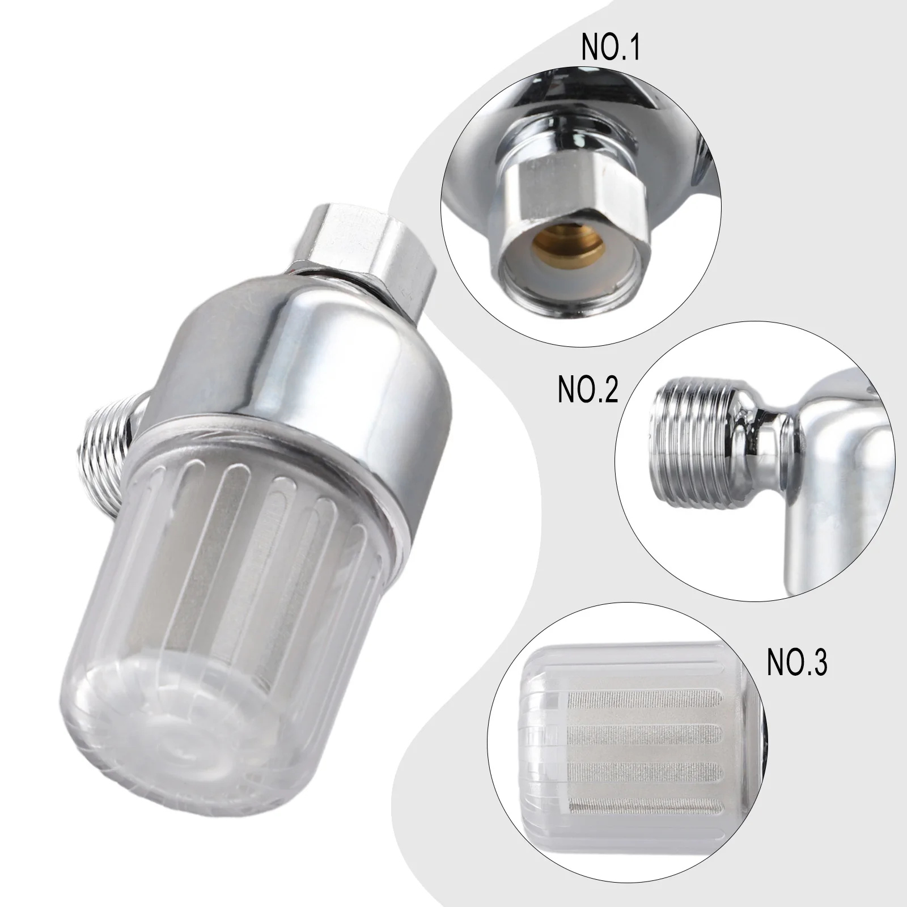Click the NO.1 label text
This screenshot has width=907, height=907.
tap(610, 48)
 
